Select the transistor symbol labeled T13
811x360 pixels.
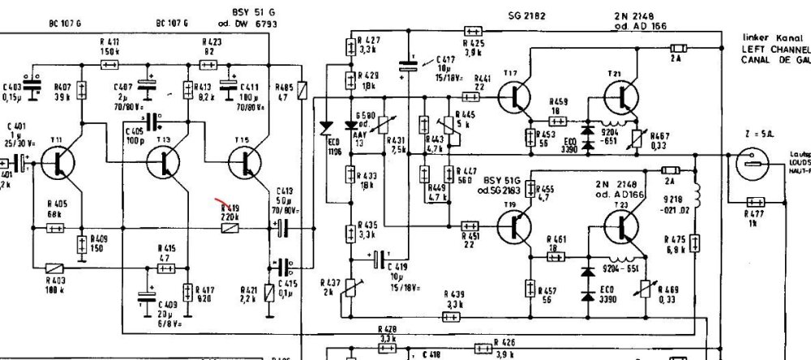point(165,163)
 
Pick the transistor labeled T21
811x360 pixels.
point(620,96)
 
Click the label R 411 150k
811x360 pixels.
point(111,45)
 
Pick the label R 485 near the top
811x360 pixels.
point(284,90)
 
